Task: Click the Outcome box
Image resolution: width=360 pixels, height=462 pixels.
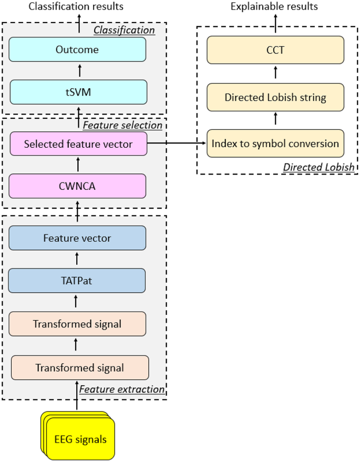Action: pos(77,49)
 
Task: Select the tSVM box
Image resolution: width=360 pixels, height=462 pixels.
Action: pos(77,92)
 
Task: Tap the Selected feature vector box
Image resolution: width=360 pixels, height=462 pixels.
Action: pos(77,143)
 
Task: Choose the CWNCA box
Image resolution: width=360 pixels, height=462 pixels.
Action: pos(77,186)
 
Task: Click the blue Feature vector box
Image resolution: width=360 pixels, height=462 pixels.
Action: pos(77,238)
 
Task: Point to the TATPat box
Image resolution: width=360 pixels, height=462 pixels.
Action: pos(77,281)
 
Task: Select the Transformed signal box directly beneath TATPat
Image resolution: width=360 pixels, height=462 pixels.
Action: pos(77,324)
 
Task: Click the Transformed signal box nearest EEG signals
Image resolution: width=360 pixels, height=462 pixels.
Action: pos(80,368)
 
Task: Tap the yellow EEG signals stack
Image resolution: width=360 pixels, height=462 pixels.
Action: pos(79,437)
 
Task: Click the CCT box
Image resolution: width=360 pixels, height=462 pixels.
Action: pos(275,49)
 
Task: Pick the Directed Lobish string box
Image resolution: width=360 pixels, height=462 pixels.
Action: pos(275,97)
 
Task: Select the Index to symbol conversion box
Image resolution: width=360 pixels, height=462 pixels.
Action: pos(275,143)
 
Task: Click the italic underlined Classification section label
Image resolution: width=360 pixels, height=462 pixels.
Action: pos(124,30)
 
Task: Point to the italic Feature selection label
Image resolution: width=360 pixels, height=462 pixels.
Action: pos(122,125)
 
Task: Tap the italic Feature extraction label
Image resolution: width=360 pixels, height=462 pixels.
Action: pos(122,389)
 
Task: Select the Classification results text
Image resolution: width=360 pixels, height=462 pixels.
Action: pos(76,6)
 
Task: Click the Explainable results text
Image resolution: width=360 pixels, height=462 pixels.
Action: pos(274,6)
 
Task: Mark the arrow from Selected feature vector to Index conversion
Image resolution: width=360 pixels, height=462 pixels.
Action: pos(177,142)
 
